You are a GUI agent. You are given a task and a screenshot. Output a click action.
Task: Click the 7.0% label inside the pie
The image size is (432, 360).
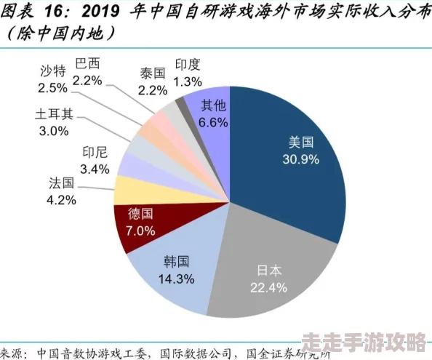(141, 231)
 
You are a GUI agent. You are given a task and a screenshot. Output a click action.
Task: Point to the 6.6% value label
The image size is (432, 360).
(213, 122)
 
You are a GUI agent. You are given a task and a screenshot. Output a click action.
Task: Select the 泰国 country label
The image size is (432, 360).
(153, 73)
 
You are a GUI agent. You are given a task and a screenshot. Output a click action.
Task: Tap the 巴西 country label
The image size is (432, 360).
(87, 63)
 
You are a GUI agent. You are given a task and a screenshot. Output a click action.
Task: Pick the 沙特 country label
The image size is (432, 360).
(52, 71)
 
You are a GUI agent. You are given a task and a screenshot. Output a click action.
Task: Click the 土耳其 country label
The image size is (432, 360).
(54, 115)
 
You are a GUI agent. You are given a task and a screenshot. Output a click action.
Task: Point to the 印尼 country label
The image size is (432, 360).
(95, 152)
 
